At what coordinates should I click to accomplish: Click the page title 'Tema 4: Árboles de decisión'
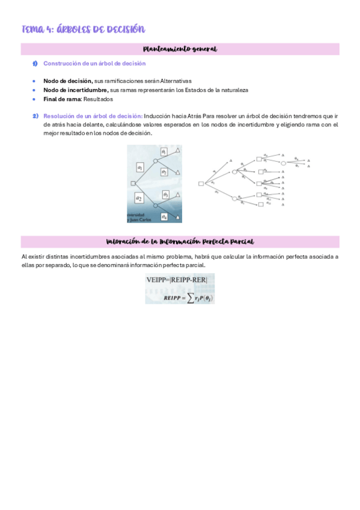pos(84,29)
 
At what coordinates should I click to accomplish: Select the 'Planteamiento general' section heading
pos(180,49)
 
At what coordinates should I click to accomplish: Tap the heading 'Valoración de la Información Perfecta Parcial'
pos(180,241)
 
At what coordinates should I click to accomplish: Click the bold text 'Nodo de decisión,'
pos(68,81)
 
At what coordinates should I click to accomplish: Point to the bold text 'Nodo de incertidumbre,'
pos(76,90)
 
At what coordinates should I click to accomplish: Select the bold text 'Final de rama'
pos(62,99)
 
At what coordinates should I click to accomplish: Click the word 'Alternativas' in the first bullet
pos(173,81)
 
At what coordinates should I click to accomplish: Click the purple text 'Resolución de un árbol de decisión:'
pos(93,116)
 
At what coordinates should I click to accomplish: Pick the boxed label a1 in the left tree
pos(140,168)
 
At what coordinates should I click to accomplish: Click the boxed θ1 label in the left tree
pos(163,153)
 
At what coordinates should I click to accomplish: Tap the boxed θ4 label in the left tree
pos(164,216)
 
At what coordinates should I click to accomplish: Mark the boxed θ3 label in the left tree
pos(165,195)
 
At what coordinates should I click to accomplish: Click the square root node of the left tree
pos(133,183)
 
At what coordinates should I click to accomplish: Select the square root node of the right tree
pos(201,183)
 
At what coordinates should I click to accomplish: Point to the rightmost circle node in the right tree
pos(284,161)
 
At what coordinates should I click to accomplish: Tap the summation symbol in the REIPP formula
pos(190,298)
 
